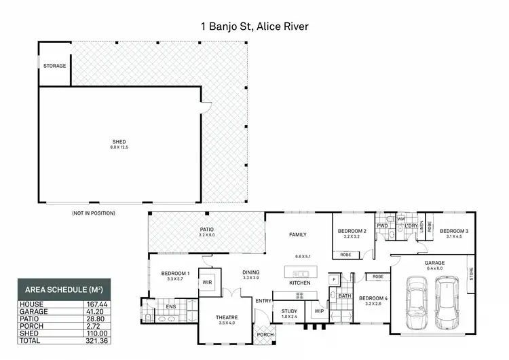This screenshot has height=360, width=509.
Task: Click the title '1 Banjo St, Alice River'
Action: [x=254, y=26]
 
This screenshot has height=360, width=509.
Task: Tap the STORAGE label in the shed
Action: [x=54, y=66]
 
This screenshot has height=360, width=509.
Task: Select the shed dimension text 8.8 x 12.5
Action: [x=119, y=147]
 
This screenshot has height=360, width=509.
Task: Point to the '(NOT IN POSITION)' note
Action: [x=93, y=213]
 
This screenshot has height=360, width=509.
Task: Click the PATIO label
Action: [x=206, y=230]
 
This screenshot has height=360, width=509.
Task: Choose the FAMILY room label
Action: [x=297, y=234]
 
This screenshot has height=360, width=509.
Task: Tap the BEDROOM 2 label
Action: [x=352, y=232]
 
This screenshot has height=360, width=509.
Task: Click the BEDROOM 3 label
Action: [x=454, y=232]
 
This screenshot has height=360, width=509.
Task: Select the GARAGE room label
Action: [x=434, y=262]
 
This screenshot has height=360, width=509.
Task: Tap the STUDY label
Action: [x=289, y=311]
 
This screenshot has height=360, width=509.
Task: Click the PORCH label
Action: [x=264, y=334]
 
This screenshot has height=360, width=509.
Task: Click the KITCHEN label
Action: [x=300, y=282]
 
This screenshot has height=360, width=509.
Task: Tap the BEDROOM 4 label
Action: [x=373, y=298]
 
